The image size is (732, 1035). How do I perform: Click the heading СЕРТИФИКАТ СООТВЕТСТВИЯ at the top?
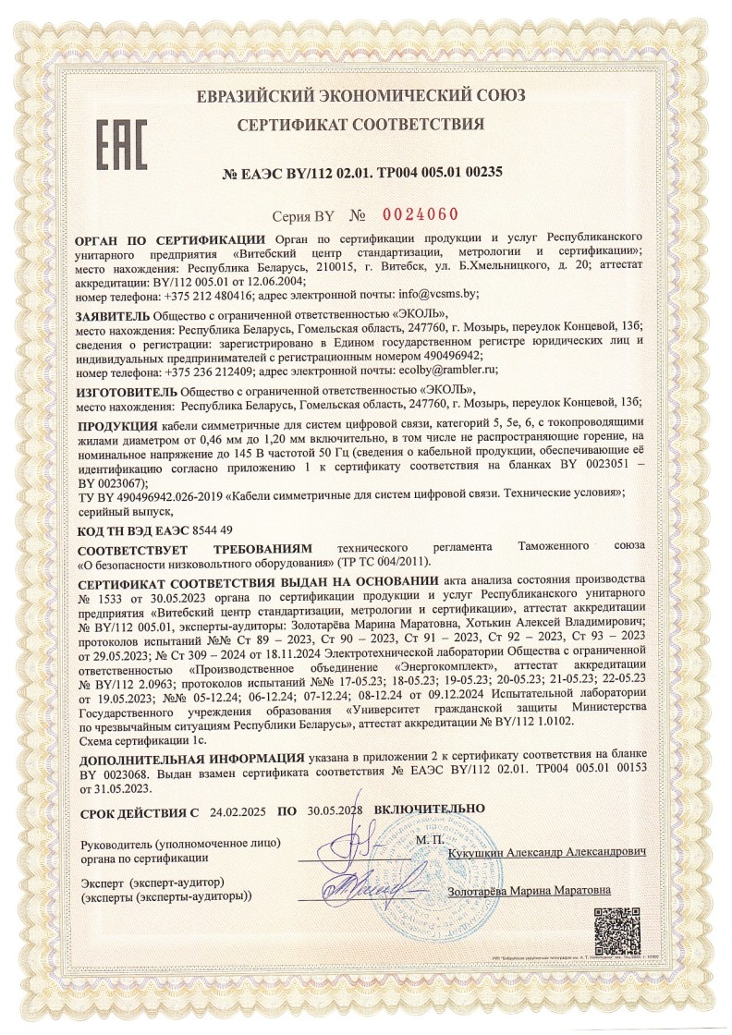[360, 124]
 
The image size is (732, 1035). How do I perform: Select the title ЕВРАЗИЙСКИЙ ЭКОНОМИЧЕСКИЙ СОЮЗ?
[360, 95]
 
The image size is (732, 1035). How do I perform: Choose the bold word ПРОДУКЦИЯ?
[116, 424]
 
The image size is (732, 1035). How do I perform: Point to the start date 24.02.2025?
[238, 812]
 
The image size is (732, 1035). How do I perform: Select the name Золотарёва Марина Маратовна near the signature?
[529, 892]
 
